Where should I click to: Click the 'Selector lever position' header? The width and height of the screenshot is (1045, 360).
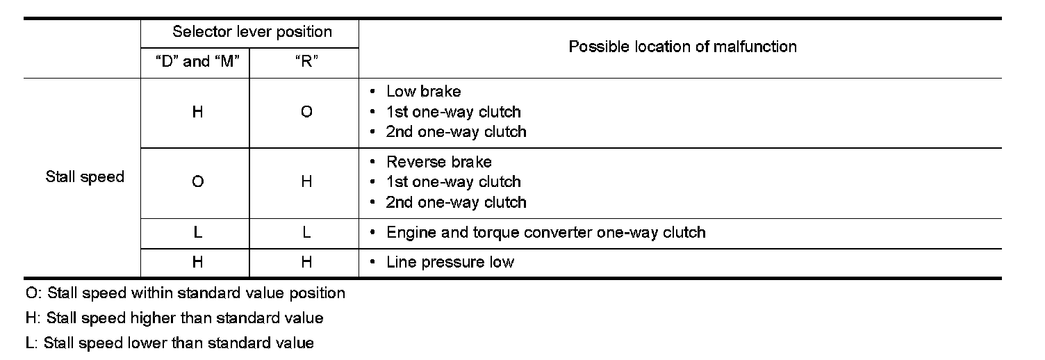point(252,32)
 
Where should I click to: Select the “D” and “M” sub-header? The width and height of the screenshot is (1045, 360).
point(197,61)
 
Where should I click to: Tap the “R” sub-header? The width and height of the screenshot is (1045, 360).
point(306,61)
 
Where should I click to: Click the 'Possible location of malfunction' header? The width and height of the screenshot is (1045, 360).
point(682,47)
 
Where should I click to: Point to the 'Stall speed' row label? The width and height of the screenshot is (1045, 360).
point(85,177)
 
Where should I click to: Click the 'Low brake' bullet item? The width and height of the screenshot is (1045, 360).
point(423,92)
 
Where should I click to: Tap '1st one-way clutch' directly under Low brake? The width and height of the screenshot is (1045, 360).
point(453,112)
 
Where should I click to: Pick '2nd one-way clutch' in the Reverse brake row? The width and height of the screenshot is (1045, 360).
point(456,202)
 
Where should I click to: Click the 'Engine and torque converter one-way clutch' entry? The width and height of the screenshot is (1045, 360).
point(545,232)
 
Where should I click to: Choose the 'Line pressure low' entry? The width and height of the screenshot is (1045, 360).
point(450,262)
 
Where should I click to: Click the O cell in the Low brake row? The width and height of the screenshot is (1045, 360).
point(306,112)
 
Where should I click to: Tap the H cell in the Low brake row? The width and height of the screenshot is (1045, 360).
point(197,112)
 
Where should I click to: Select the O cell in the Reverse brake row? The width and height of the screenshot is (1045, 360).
point(197,182)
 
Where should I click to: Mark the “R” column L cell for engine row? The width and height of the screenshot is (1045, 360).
point(306,233)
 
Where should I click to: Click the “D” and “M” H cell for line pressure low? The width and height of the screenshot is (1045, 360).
point(197,262)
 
